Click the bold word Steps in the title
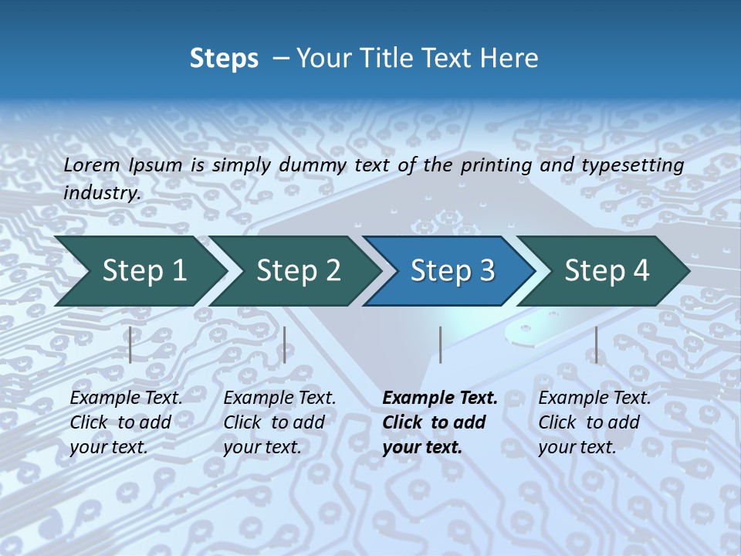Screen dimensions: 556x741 [x=224, y=59]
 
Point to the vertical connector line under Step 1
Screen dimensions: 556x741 [x=130, y=344]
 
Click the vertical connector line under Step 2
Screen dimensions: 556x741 [x=285, y=344]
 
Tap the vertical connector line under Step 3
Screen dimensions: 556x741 [x=440, y=344]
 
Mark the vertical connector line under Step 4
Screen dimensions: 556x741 [x=596, y=344]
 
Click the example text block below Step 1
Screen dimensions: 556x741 [x=126, y=422]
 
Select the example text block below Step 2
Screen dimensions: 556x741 [x=279, y=422]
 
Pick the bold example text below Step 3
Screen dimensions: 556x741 [x=440, y=422]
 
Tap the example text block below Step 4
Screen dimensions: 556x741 [x=594, y=422]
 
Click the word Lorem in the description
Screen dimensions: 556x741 [x=92, y=165]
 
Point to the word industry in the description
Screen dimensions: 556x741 [x=101, y=193]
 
